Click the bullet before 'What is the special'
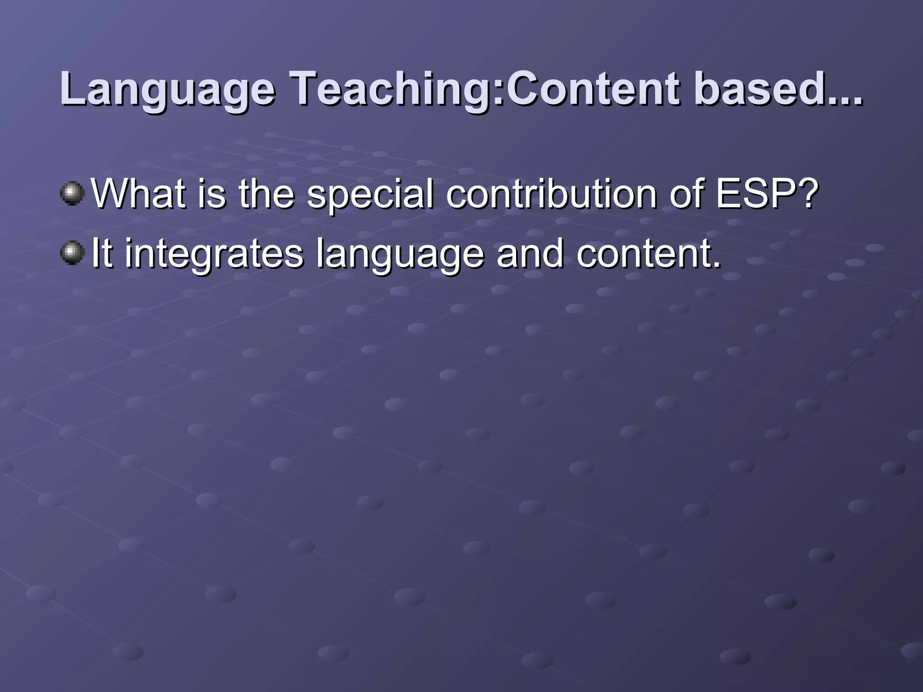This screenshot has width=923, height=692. pos(72,194)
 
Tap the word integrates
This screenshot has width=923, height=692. pos(214,254)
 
